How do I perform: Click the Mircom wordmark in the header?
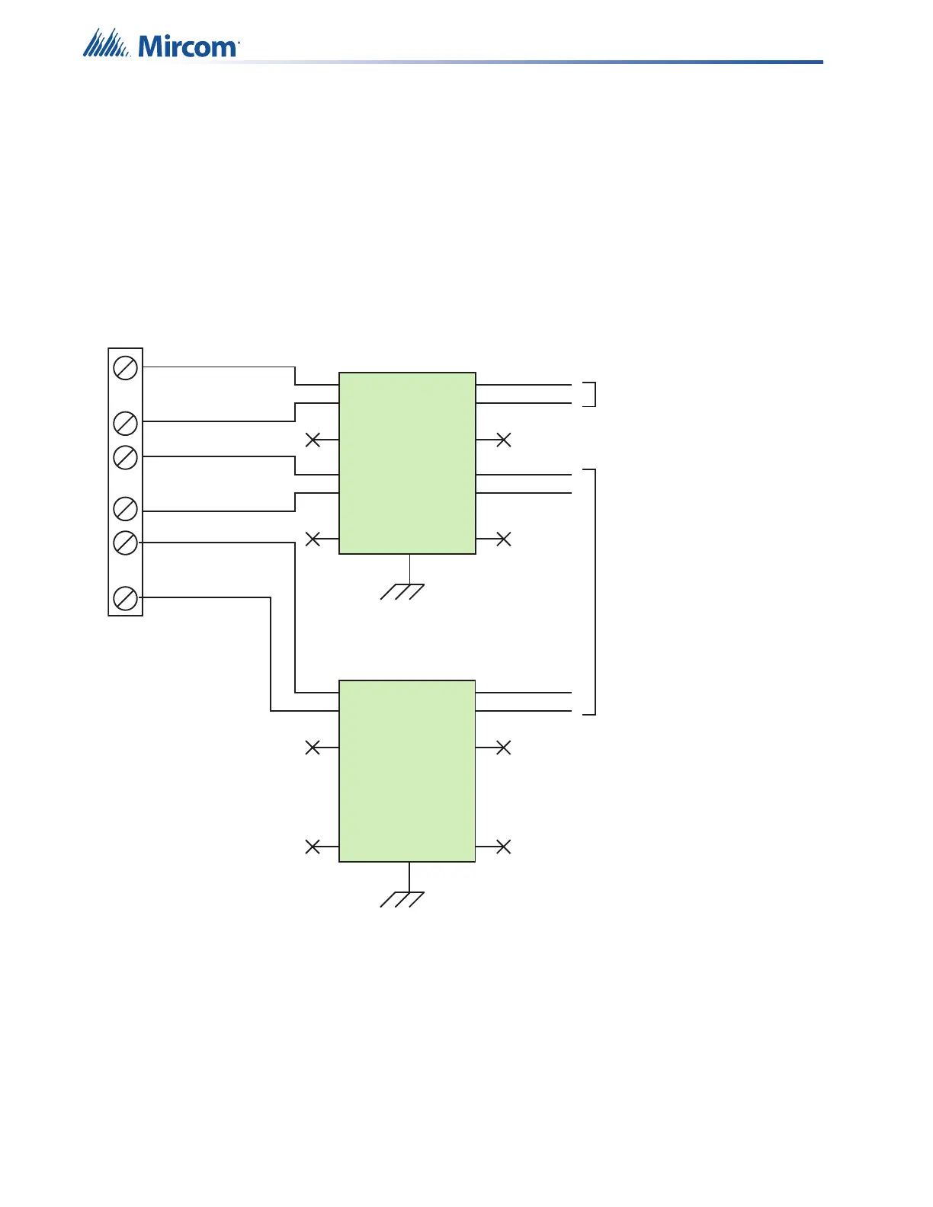[x=188, y=47]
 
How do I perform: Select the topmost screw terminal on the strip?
[x=126, y=368]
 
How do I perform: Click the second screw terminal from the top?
[x=126, y=423]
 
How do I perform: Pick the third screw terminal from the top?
[x=126, y=457]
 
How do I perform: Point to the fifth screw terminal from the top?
[x=126, y=543]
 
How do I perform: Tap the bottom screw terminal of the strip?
[x=126, y=598]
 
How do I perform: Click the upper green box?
[x=407, y=463]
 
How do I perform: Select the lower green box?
[x=407, y=770]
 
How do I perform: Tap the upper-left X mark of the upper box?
[x=313, y=440]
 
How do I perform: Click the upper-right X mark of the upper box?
[x=503, y=440]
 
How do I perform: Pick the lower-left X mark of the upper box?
[x=313, y=539]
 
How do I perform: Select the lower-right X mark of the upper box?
[x=503, y=539]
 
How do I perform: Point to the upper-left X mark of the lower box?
[x=313, y=748]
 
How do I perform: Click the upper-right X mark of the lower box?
[x=503, y=748]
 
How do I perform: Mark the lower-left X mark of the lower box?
[x=313, y=847]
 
